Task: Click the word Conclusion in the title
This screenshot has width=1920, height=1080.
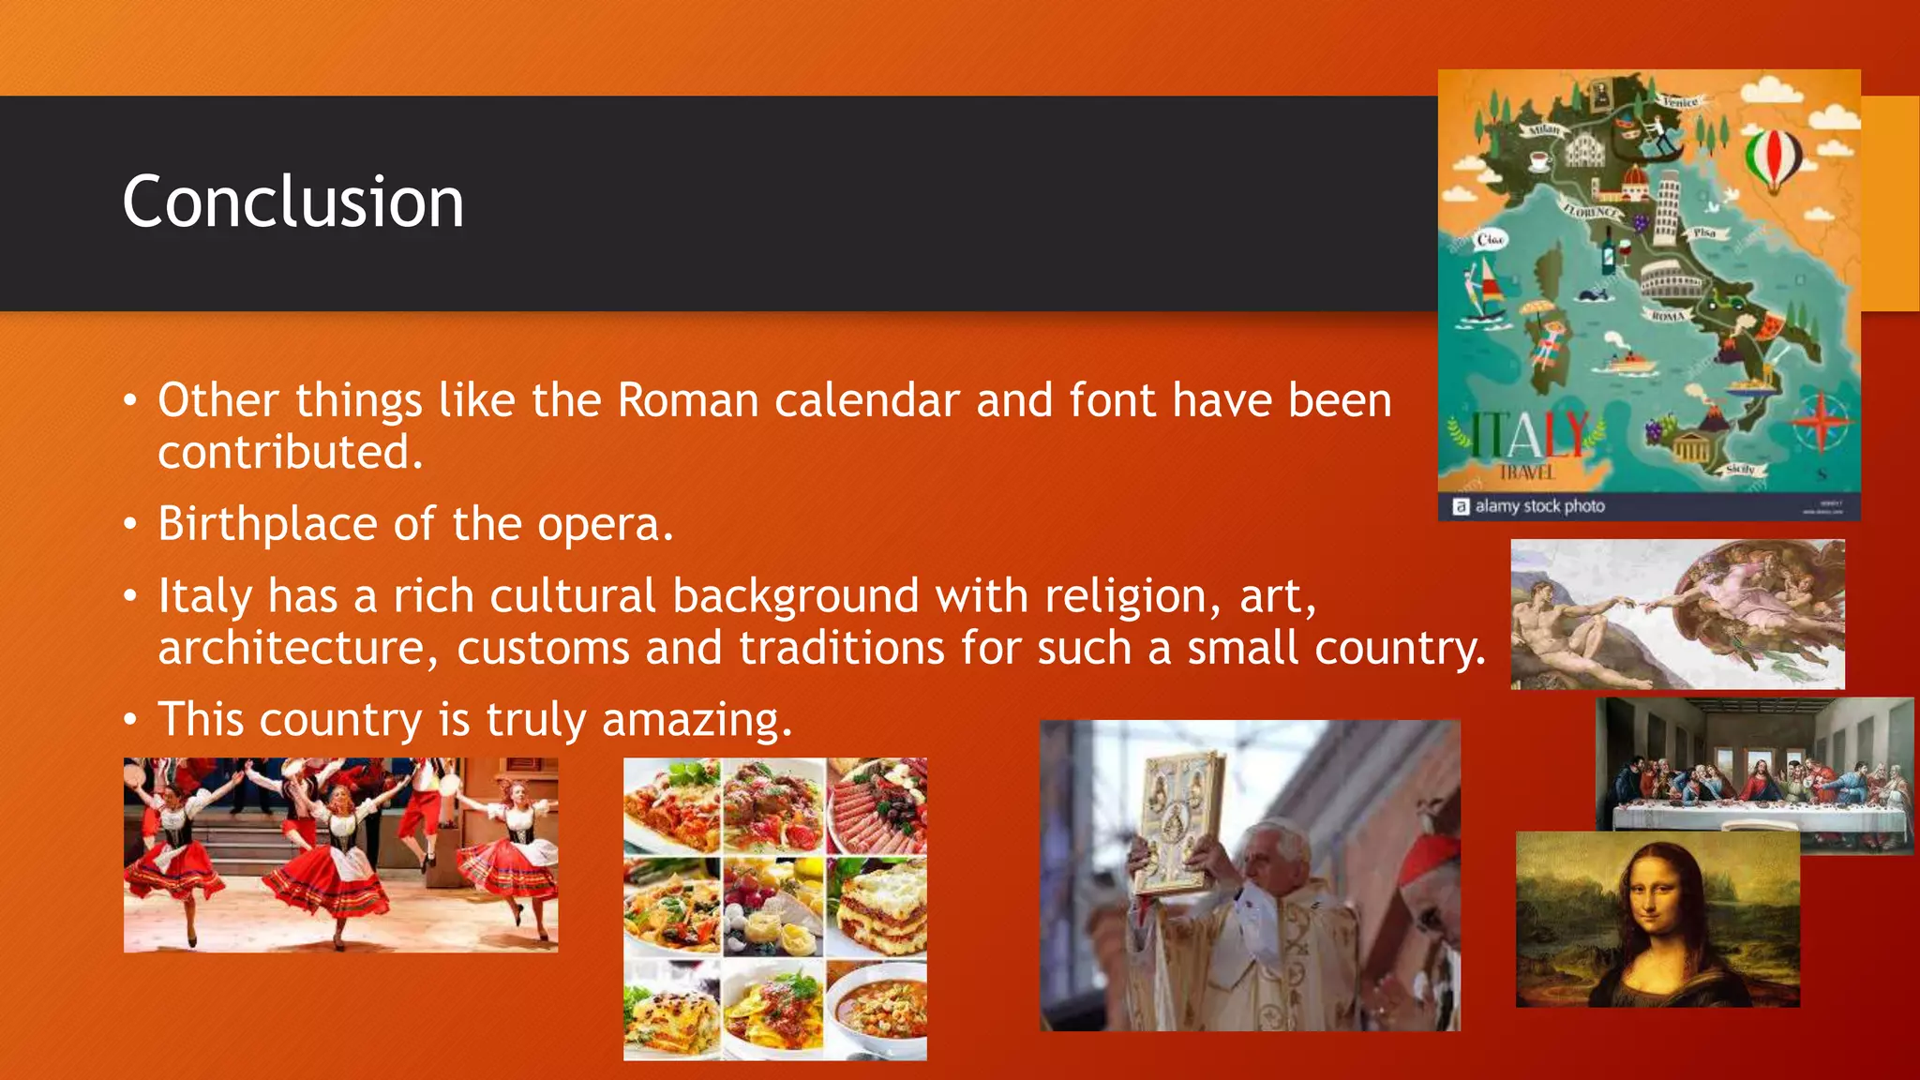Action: coord(292,202)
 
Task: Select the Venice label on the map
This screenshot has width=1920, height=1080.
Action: coord(1679,101)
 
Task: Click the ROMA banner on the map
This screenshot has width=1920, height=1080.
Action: coord(1670,316)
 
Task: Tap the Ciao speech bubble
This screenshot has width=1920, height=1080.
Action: coord(1490,239)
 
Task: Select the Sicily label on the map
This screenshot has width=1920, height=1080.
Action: coord(1740,468)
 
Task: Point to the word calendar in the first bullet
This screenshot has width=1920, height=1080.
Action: coord(867,401)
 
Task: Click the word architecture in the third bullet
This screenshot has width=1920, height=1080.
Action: coord(291,649)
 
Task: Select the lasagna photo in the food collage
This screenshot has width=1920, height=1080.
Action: coord(877,905)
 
